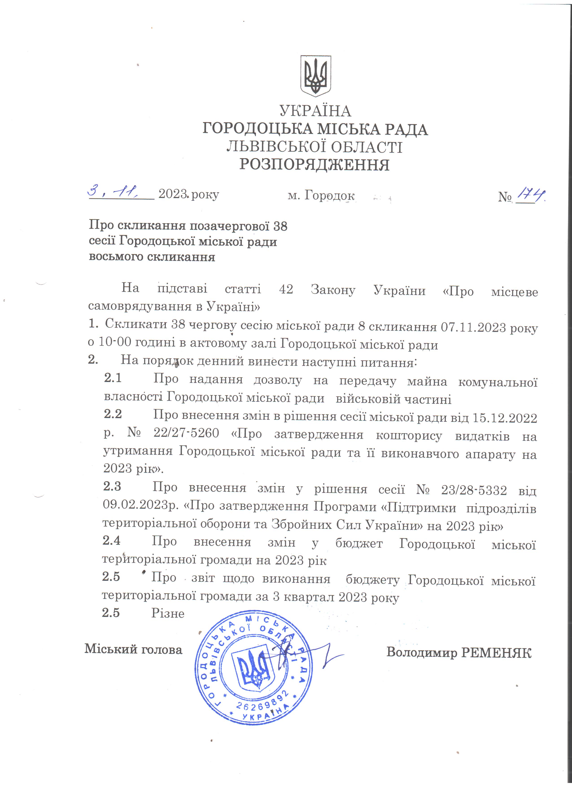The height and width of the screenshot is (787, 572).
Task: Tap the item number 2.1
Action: pyautogui.click(x=113, y=378)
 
